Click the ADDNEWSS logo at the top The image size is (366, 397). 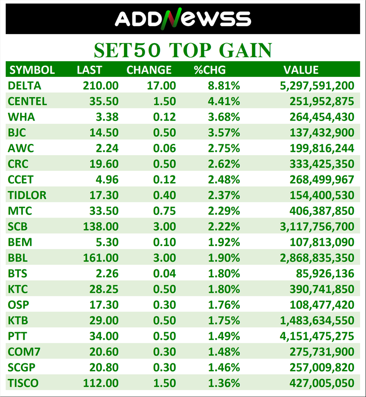coord(183,19)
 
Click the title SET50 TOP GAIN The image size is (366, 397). coord(183,50)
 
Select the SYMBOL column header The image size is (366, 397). coord(32,70)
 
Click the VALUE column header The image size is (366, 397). coord(301,70)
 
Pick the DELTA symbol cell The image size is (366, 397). coord(24,85)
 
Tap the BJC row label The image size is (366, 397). coord(18,133)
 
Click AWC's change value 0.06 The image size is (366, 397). coord(163,148)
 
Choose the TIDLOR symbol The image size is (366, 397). coord(27,195)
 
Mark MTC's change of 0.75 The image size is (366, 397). coord(163,210)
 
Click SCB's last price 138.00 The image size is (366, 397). coord(101,226)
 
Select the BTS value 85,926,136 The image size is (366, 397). coord(325,273)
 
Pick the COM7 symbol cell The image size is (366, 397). coord(22,352)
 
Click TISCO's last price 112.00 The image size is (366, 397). coord(101,383)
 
